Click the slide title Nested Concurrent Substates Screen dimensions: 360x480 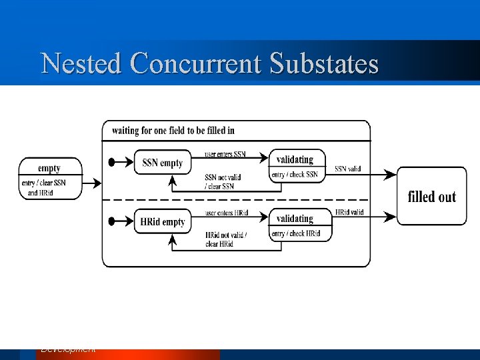pos(209,64)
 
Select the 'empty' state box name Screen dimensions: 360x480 pos(49,168)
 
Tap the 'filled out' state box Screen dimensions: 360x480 pos(431,196)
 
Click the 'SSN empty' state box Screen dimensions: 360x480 pos(162,163)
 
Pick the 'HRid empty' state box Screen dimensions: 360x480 pos(163,221)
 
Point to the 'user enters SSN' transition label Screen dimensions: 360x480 pos(225,154)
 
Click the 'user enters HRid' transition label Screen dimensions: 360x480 pos(226,213)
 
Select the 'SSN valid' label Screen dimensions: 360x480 pos(347,169)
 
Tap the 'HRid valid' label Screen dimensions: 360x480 pos(349,212)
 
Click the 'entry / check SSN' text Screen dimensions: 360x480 pos(294,175)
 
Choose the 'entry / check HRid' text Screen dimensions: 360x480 pos(295,233)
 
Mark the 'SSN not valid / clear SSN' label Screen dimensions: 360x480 pos(223,181)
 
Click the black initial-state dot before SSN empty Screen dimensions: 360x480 pos(112,162)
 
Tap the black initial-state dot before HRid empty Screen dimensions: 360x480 pos(112,221)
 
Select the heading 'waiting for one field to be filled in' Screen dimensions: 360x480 pos(173,130)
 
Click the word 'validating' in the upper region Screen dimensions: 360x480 pos(294,160)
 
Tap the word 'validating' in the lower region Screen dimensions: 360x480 pos(294,219)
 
